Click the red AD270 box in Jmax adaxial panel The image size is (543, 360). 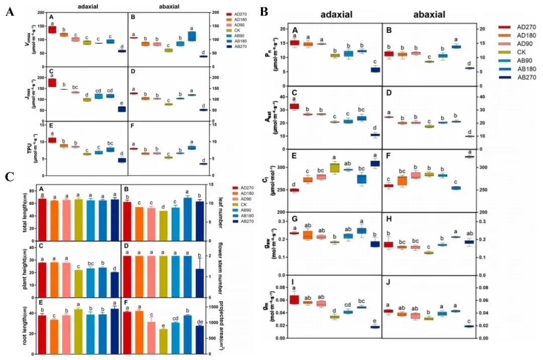(52, 82)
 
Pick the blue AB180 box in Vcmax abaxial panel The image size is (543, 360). (192, 36)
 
